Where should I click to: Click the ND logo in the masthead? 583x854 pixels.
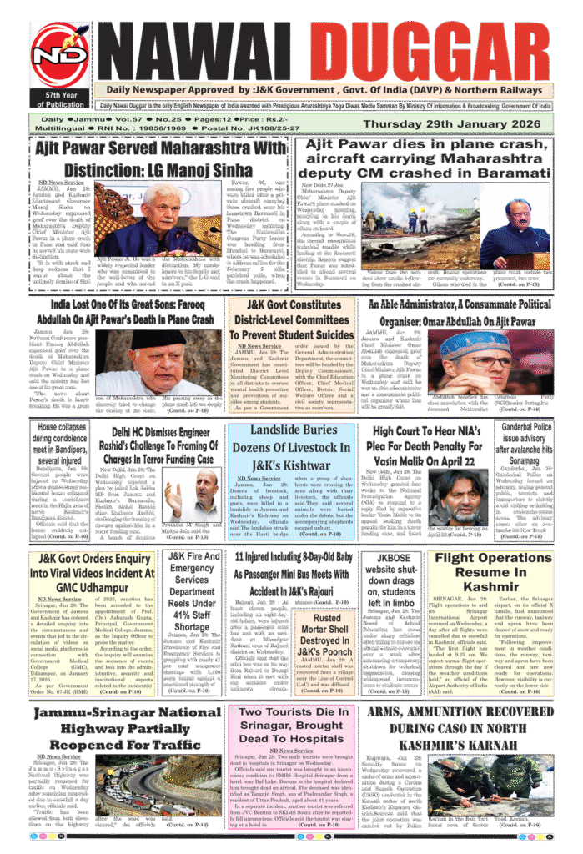(x=59, y=56)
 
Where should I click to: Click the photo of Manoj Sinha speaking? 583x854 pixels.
(x=158, y=219)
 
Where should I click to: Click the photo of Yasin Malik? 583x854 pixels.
(x=457, y=497)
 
